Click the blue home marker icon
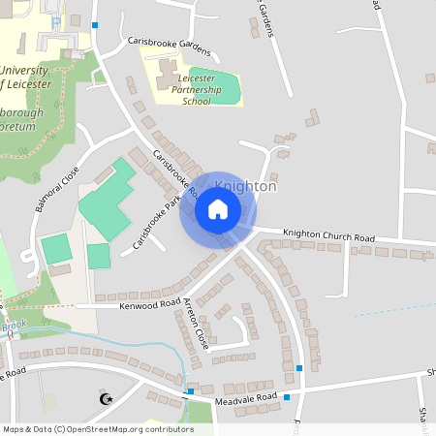pos(217,210)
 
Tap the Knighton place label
pos(245,186)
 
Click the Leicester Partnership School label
pos(196,87)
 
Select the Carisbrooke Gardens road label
pos(169,44)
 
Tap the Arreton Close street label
pos(195,324)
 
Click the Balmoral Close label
pos(57,191)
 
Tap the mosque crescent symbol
pos(106,398)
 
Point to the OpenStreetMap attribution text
pos(97,428)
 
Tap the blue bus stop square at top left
pos(95,25)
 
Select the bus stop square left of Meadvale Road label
pos(190,391)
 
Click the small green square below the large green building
pos(98,257)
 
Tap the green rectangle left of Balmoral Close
pos(56,248)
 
